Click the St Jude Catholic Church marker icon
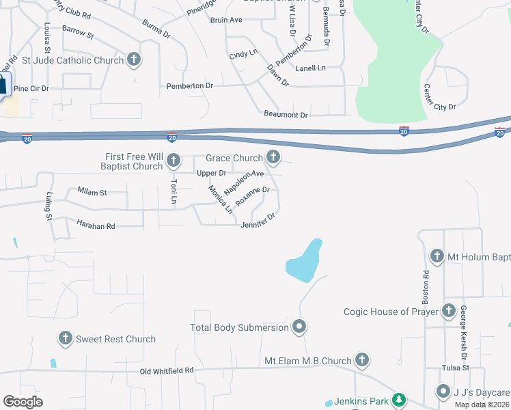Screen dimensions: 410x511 (x=134, y=59)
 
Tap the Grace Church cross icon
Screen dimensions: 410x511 (x=273, y=158)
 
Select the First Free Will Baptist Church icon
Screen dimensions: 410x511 (x=174, y=161)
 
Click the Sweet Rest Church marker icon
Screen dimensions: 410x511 (x=66, y=338)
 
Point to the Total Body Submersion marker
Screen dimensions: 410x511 (x=299, y=327)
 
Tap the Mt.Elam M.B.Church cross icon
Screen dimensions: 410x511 (x=362, y=360)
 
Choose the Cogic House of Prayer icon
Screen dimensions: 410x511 (x=449, y=312)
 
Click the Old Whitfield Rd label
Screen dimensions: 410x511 (x=167, y=370)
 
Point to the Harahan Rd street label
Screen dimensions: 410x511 (x=96, y=225)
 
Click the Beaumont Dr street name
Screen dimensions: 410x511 (x=286, y=115)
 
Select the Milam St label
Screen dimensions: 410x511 (x=92, y=193)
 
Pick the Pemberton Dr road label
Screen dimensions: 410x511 (x=190, y=86)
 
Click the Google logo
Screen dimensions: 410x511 (x=23, y=401)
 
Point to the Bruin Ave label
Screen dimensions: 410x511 (x=226, y=20)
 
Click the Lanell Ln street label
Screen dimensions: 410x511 (x=310, y=68)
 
